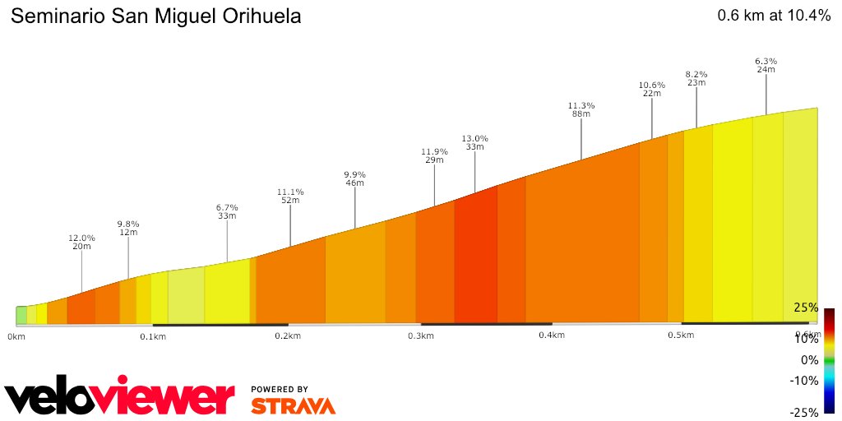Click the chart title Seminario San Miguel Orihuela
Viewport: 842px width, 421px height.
pos(155,16)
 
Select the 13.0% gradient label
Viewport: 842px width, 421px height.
pos(474,138)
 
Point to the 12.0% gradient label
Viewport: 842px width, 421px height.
pos(81,238)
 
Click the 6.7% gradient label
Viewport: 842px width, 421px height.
pos(227,207)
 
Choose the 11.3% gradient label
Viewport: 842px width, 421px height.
pos(581,105)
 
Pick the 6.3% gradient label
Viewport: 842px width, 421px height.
pos(766,61)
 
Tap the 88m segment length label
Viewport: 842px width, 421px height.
pos(581,114)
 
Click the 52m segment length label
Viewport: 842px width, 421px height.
pos(290,200)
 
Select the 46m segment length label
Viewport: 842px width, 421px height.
pos(354,183)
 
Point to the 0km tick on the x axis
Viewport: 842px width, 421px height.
pos(16,336)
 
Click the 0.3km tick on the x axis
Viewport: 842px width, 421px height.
pos(420,335)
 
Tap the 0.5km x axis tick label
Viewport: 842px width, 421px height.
pos(680,335)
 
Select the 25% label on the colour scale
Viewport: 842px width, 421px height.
pos(805,308)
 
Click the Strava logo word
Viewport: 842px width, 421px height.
pos(293,406)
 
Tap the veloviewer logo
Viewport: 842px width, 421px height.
pos(119,398)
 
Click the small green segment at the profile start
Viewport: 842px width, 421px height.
pos(21,315)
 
